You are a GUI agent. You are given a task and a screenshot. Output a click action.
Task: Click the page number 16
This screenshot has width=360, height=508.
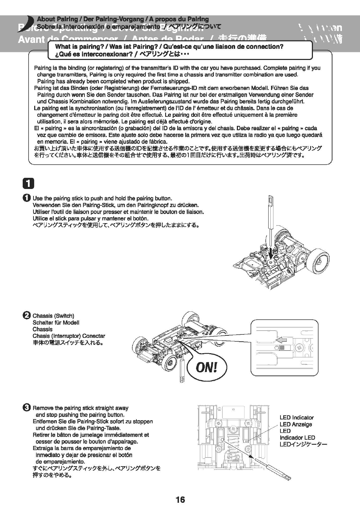click(x=180, y=499)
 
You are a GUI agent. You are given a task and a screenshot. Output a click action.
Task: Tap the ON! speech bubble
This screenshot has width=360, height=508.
click(x=207, y=367)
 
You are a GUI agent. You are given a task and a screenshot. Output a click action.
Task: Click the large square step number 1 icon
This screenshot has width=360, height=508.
click(x=29, y=184)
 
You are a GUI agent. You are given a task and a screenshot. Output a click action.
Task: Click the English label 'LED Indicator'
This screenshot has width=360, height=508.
click(x=296, y=417)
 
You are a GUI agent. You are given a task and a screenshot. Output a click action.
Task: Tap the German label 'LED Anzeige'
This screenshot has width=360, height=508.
click(x=295, y=424)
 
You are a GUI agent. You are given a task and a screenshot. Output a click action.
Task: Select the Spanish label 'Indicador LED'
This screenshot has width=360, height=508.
click(x=297, y=438)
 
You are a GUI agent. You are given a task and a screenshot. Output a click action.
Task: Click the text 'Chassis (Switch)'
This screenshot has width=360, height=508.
click(x=53, y=316)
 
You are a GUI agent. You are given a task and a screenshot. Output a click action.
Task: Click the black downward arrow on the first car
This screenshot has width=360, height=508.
click(x=271, y=251)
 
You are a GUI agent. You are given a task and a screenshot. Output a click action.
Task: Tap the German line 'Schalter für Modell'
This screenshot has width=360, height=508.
click(x=56, y=323)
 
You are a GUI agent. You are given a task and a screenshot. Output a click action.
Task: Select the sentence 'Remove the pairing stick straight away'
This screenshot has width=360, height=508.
click(x=80, y=408)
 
